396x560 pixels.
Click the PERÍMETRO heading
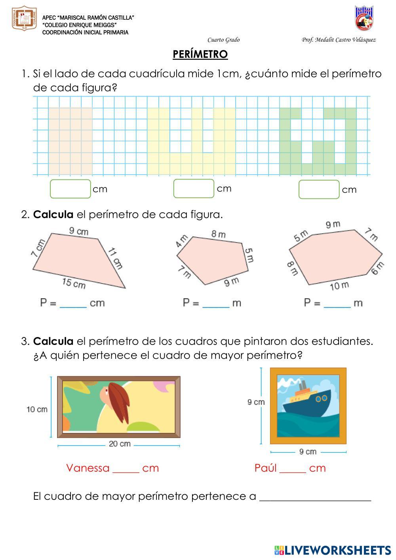[x=200, y=54]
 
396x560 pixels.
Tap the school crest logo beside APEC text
[x=24, y=18]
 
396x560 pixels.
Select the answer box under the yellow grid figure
[x=194, y=189]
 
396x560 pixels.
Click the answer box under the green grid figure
[x=319, y=189]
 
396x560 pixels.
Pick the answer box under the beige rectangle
[x=70, y=189]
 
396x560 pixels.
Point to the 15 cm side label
[x=74, y=283]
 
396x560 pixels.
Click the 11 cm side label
[x=115, y=259]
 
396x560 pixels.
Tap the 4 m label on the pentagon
[x=181, y=241]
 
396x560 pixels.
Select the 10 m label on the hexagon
[x=339, y=286]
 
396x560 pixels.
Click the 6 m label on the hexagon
[x=377, y=268]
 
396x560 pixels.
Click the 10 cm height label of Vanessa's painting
[x=37, y=410]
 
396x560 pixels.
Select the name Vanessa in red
[x=88, y=468]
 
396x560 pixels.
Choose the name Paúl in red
[x=265, y=468]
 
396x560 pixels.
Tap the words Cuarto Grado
[x=223, y=40]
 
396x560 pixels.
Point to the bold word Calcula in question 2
[x=53, y=215]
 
